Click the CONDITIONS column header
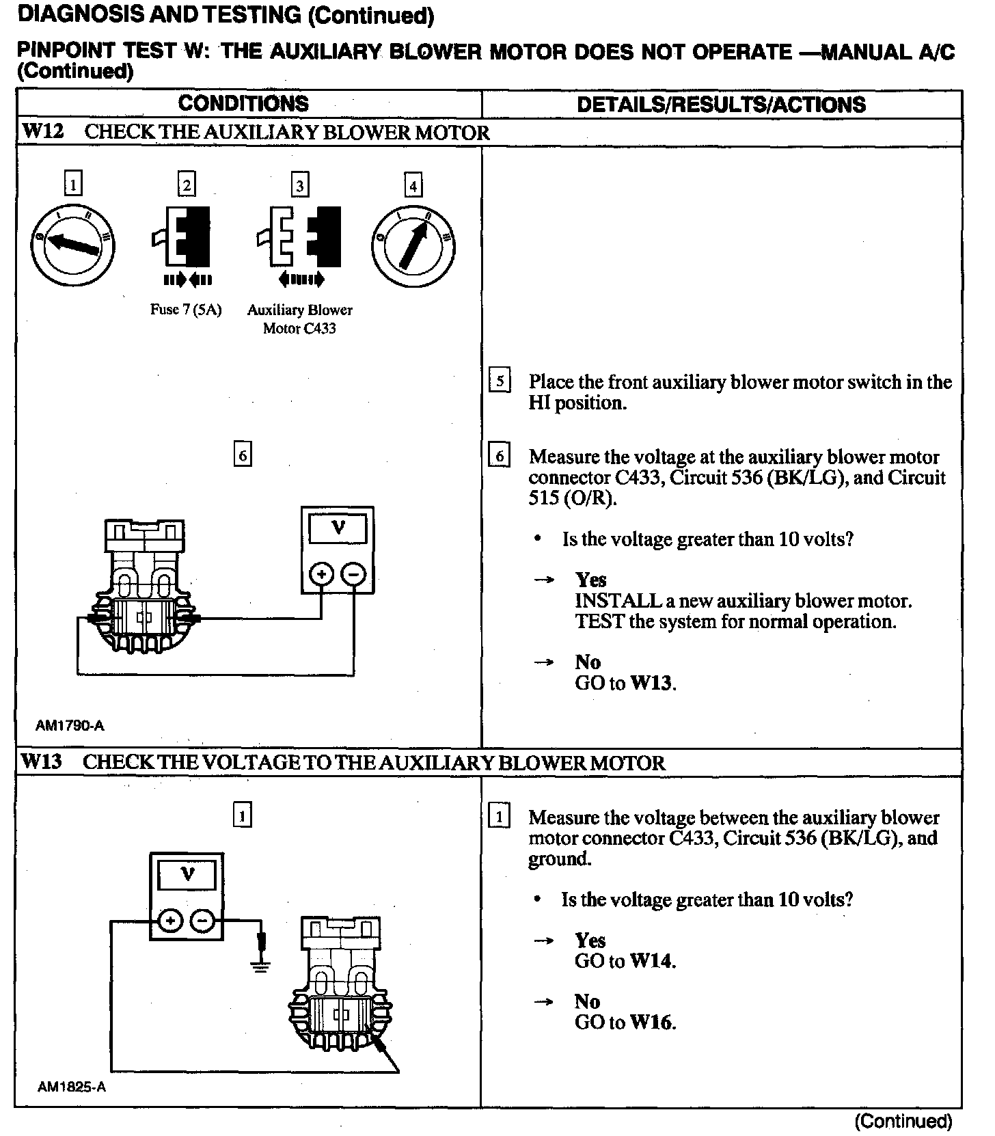[243, 104]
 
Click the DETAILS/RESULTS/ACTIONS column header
[721, 105]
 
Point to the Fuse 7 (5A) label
[186, 310]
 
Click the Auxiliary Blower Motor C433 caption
[299, 319]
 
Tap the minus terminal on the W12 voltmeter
[353, 574]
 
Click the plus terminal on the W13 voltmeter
[170, 921]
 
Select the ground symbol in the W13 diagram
[260, 965]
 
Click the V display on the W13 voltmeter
[187, 874]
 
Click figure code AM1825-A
[72, 1087]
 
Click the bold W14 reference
[652, 961]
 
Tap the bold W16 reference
[652, 1023]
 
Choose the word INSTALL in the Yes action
[618, 601]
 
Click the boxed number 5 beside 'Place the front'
[500, 381]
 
